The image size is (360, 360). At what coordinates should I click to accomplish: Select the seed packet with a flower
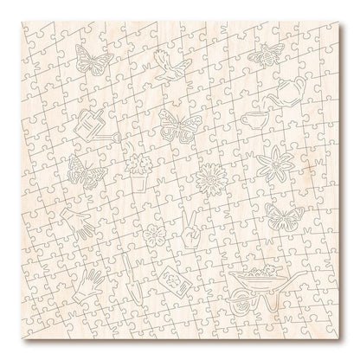[175, 280]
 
